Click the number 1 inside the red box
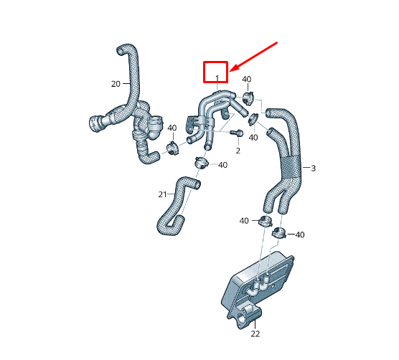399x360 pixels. [x=216, y=76]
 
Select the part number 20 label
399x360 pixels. [x=116, y=84]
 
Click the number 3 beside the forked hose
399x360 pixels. [x=313, y=168]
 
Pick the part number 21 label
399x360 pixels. [x=162, y=194]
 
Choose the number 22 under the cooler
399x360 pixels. [x=255, y=333]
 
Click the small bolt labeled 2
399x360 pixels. [x=239, y=133]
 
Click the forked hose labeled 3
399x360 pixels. [x=287, y=158]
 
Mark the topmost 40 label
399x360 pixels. [x=246, y=79]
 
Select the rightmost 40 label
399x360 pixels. [x=300, y=235]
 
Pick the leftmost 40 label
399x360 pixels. [x=172, y=128]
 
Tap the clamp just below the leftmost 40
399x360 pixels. [x=173, y=148]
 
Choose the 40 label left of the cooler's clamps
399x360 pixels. [x=244, y=220]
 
